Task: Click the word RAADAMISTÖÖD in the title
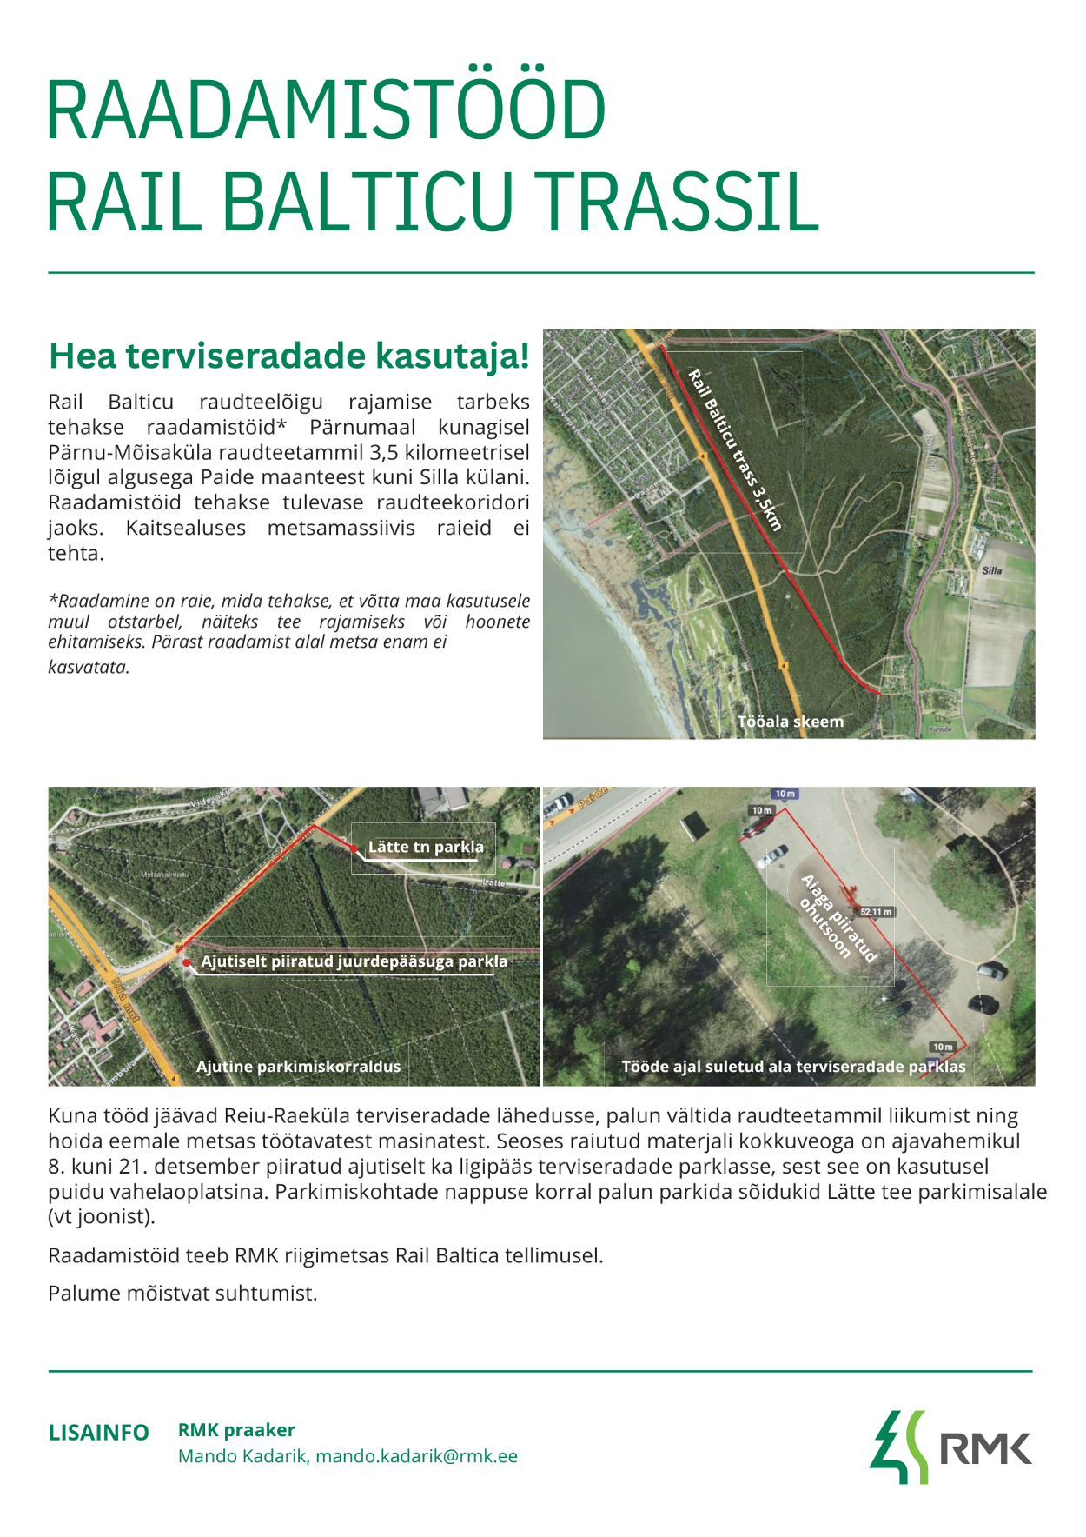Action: click(325, 110)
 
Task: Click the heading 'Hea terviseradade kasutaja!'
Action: click(288, 356)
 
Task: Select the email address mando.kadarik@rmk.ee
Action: click(416, 1456)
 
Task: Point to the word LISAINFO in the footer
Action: click(98, 1433)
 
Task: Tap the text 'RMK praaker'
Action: click(236, 1430)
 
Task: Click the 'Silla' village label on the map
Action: click(991, 571)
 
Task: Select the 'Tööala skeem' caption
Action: click(790, 722)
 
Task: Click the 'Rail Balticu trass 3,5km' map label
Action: click(735, 449)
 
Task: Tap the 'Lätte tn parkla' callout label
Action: click(426, 847)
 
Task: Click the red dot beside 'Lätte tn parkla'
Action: click(354, 848)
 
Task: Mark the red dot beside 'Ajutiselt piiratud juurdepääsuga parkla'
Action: click(187, 962)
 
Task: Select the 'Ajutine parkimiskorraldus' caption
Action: click(298, 1067)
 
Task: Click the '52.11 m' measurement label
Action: click(875, 912)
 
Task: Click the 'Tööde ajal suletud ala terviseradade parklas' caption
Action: click(792, 1067)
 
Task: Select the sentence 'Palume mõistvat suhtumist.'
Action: click(182, 1294)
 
